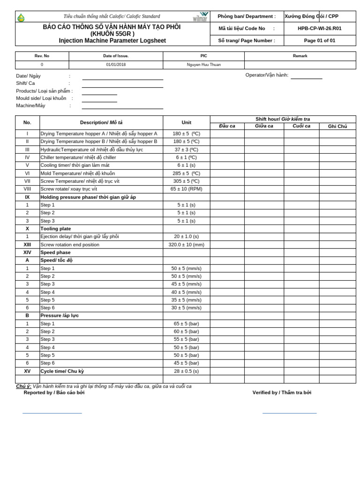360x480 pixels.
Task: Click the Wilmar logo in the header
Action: (201, 17)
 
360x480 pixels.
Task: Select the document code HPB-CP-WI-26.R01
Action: (319, 28)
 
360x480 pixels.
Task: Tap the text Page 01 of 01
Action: (319, 40)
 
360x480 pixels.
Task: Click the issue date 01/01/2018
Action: (115, 65)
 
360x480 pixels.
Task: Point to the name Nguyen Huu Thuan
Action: (203, 65)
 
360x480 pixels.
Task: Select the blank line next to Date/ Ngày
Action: (122, 79)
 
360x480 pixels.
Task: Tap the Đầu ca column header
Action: (227, 126)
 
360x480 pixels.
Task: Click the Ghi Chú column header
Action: (337, 127)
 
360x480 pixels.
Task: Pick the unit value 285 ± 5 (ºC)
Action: (186, 173)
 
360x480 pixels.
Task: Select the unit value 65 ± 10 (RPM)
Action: (186, 189)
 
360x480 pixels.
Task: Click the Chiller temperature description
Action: (78, 157)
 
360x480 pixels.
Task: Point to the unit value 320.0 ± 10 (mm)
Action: (186, 245)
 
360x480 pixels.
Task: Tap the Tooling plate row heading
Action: (55, 229)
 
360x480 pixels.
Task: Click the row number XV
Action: (27, 371)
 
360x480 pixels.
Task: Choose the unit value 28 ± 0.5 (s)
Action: (186, 371)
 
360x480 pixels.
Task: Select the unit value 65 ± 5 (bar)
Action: (186, 323)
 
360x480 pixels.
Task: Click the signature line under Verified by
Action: (289, 413)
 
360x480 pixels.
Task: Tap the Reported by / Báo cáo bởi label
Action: (54, 393)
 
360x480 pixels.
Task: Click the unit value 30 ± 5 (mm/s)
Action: (186, 308)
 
